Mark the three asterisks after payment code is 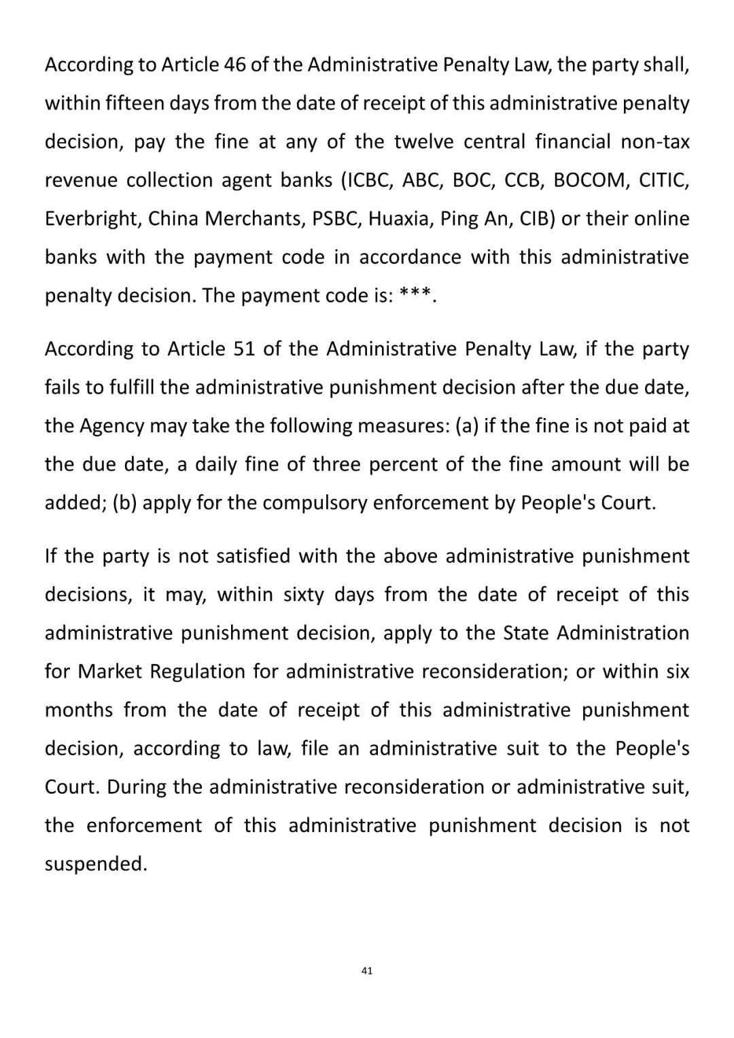(x=415, y=295)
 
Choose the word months (x=79, y=710)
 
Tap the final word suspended (x=96, y=864)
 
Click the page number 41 (x=367, y=971)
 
